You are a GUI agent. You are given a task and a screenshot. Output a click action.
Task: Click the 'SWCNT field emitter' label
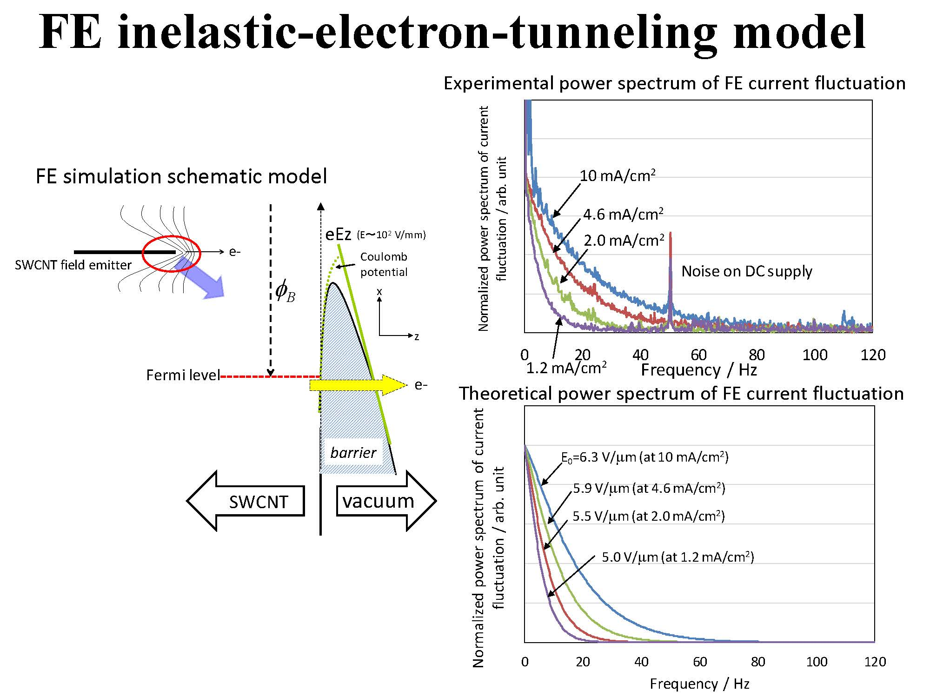(x=73, y=265)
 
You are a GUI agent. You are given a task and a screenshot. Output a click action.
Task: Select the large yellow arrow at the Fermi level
(x=358, y=385)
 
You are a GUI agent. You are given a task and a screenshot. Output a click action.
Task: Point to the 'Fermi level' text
(x=183, y=375)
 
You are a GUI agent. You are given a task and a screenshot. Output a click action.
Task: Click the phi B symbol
(x=285, y=292)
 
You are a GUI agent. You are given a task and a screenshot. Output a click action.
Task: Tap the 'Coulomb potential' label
(x=384, y=264)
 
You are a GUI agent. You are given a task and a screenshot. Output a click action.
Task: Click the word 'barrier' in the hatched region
(x=353, y=452)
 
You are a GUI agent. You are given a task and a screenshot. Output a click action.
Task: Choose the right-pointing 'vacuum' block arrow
(x=385, y=501)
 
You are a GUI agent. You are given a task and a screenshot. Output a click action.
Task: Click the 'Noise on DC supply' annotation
(x=746, y=271)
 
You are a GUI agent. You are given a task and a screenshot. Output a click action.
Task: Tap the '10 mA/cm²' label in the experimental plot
(x=618, y=176)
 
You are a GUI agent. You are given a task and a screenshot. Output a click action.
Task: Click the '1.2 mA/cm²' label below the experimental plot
(x=566, y=369)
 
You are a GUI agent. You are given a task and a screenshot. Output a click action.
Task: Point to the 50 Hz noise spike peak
(x=670, y=234)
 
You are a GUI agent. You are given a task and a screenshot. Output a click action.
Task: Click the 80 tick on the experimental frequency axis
(x=757, y=355)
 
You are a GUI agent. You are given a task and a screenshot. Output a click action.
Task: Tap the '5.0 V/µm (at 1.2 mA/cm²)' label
(x=678, y=557)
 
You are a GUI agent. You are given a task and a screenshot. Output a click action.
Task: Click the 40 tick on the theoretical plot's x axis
(x=641, y=662)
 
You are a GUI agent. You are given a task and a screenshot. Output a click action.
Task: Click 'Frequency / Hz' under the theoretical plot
(x=699, y=684)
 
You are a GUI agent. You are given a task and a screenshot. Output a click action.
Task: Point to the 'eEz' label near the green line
(x=338, y=235)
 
